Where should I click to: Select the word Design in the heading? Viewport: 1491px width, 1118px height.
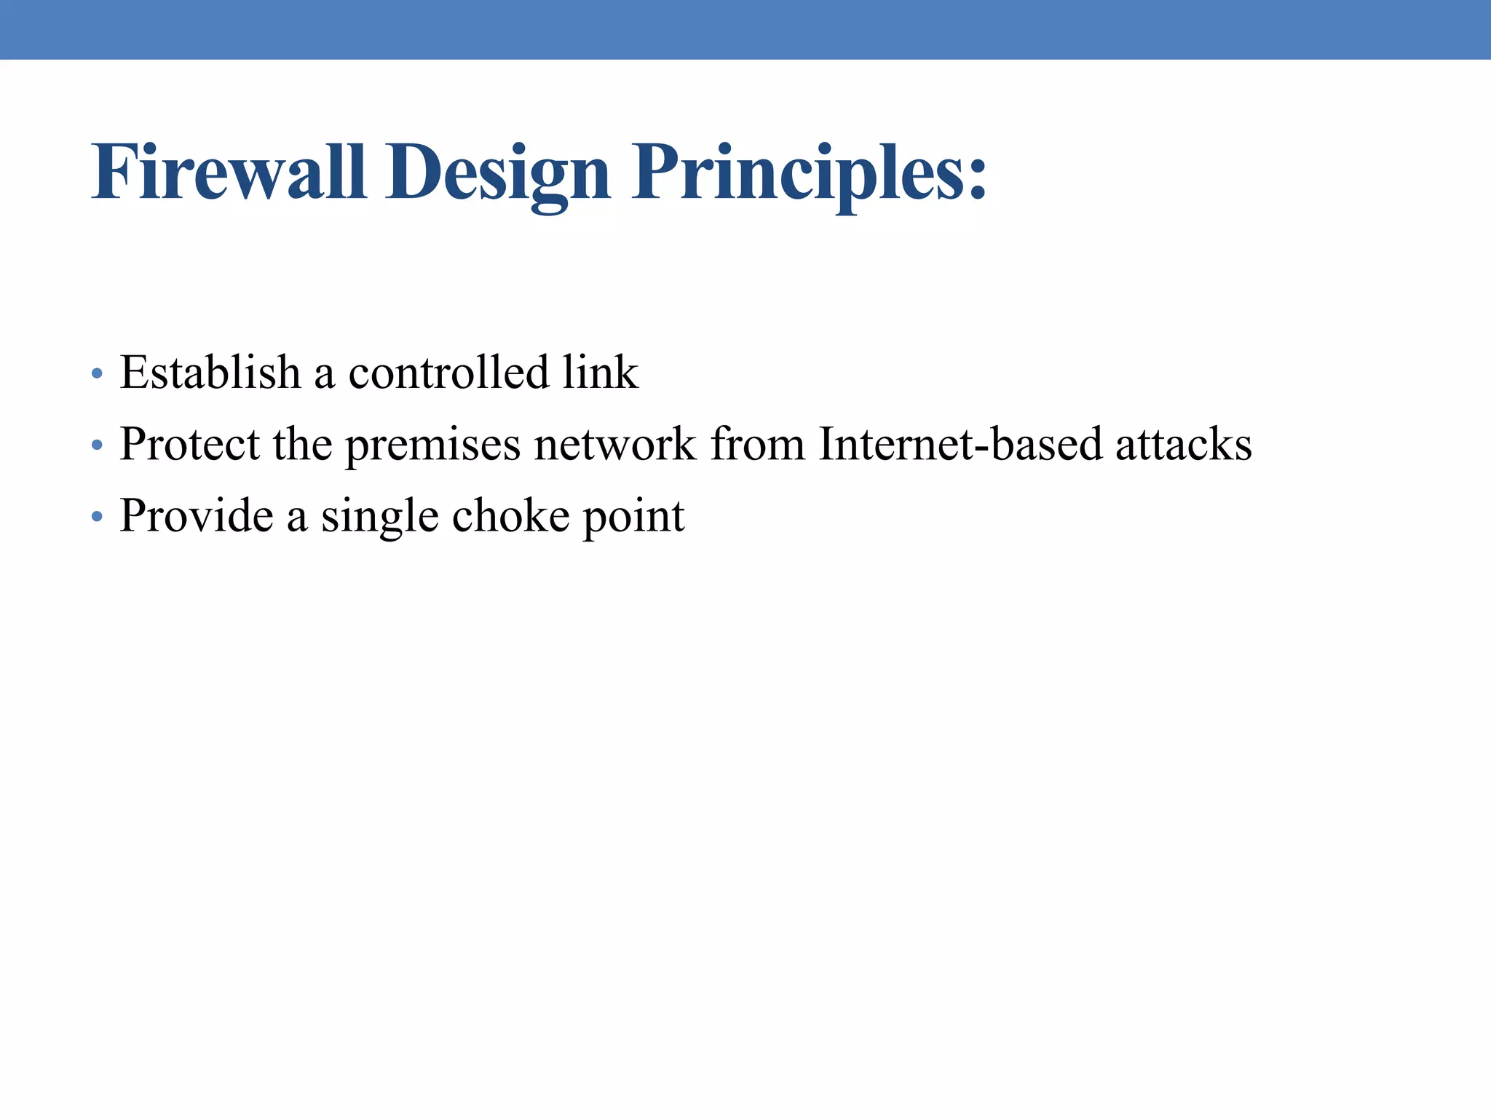498,175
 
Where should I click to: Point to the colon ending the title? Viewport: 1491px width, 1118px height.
977,181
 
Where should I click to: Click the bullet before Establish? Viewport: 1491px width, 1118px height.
97,374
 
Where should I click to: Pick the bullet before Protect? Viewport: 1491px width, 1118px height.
97,445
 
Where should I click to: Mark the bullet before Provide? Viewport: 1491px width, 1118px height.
97,517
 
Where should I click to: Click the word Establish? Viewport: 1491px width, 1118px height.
210,372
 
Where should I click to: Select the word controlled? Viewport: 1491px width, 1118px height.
448,372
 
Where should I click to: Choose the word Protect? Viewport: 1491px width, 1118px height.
189,443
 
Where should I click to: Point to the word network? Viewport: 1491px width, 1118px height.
615,443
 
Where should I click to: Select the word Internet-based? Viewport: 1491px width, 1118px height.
960,443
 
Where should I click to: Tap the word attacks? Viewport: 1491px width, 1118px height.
1184,443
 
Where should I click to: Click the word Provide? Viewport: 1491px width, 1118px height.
197,515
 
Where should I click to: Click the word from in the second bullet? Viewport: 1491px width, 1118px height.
757,443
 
